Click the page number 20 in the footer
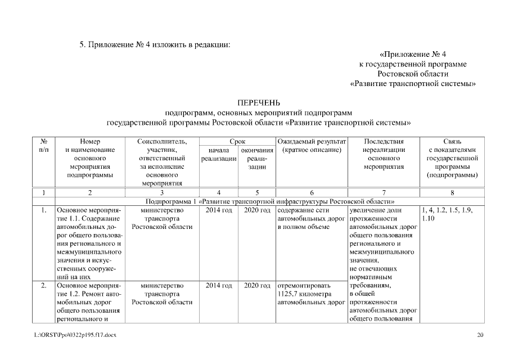(x=480, y=336)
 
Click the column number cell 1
(x=43, y=192)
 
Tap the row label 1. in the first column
(x=43, y=210)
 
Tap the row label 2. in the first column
(x=43, y=286)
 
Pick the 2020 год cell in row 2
(x=257, y=286)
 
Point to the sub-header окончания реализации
(x=257, y=159)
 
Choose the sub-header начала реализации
(x=218, y=155)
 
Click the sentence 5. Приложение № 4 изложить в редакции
(x=155, y=44)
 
